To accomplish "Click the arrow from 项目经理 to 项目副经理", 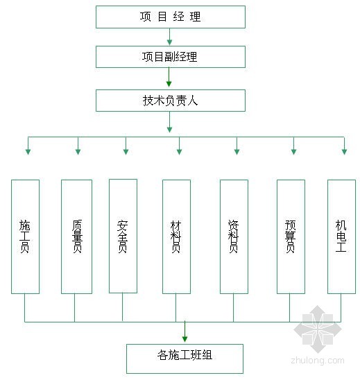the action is (x=169, y=37).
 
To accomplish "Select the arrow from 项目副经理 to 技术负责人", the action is (x=169, y=77).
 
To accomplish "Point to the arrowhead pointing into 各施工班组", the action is (x=185, y=339).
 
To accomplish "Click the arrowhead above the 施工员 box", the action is (x=28, y=152).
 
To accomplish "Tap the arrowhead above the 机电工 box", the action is (x=344, y=152).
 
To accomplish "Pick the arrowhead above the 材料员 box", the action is (x=179, y=152).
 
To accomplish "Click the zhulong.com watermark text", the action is (x=318, y=361).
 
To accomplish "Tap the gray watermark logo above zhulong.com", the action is (x=318, y=329).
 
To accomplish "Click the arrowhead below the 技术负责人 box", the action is (x=169, y=130).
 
